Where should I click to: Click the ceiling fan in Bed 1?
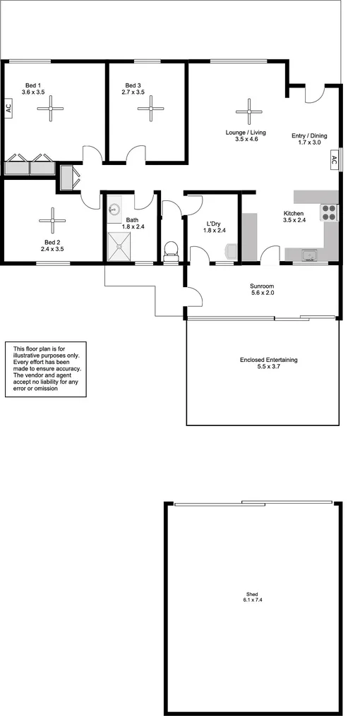(51, 108)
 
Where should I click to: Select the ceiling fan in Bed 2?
(52, 220)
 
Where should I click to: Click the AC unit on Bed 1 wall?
(8, 109)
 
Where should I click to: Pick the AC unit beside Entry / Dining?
(332, 162)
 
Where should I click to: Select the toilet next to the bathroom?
(170, 250)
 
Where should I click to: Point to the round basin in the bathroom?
(115, 209)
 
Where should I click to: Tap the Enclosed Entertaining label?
(268, 363)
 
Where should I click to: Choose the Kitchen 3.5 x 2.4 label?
(293, 217)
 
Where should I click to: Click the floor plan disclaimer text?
(47, 369)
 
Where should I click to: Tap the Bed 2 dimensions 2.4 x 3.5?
(52, 249)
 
